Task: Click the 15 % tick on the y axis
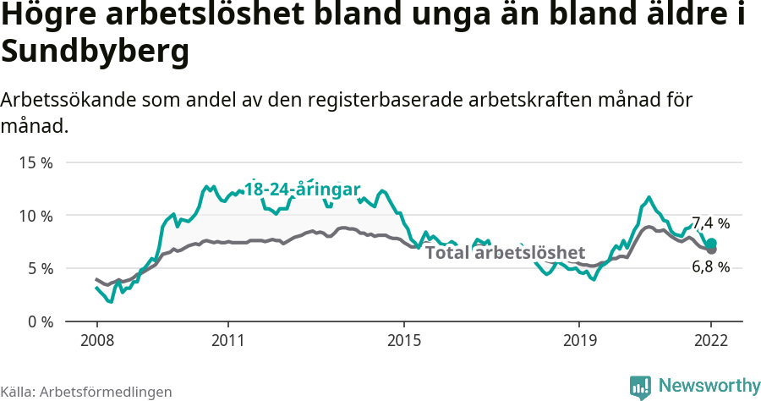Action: point(36,162)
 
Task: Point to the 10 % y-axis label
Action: point(36,216)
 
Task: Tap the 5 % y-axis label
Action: point(40,269)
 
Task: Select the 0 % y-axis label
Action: point(40,322)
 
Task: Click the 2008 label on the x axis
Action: point(96,341)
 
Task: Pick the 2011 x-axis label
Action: point(228,341)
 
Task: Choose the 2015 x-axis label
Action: point(404,341)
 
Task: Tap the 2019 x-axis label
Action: point(579,341)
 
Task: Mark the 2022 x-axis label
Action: point(711,341)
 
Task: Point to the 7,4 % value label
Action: point(710,223)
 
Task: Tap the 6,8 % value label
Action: point(710,267)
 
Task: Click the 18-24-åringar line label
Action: point(303,189)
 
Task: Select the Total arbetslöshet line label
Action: point(505,252)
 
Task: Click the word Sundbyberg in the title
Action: point(94,52)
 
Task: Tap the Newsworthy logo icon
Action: point(640,386)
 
